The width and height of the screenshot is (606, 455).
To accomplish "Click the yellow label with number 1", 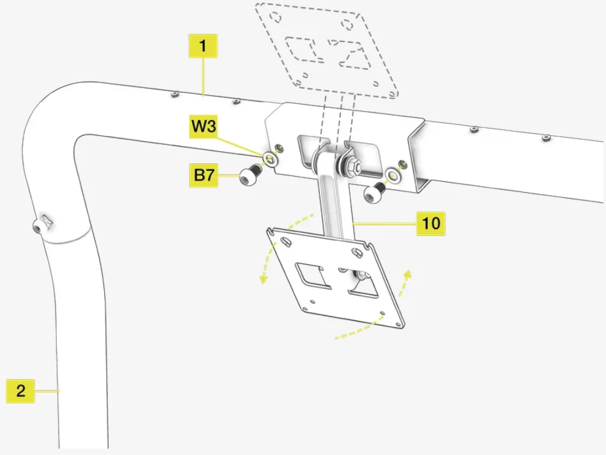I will tap(203, 47).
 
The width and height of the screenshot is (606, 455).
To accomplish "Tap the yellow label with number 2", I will tap(20, 391).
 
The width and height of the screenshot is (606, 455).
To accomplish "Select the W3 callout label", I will tap(203, 126).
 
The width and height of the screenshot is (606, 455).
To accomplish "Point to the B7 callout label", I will tap(203, 175).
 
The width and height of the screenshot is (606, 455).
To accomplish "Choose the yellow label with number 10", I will tap(431, 224).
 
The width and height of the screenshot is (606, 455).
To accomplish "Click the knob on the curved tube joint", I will tap(42, 225).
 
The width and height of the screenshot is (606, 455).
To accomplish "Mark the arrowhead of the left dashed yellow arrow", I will tap(262, 278).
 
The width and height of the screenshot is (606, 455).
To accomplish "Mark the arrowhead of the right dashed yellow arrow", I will tap(407, 274).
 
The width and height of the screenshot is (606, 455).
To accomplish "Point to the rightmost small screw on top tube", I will tap(545, 137).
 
